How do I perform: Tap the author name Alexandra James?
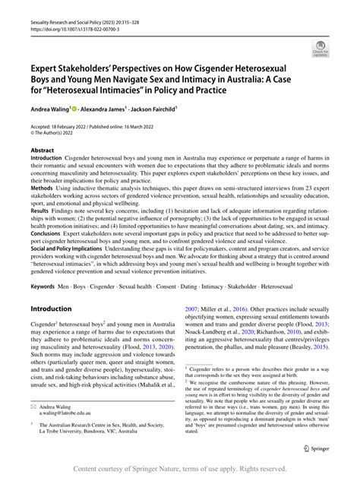point(103,110)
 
